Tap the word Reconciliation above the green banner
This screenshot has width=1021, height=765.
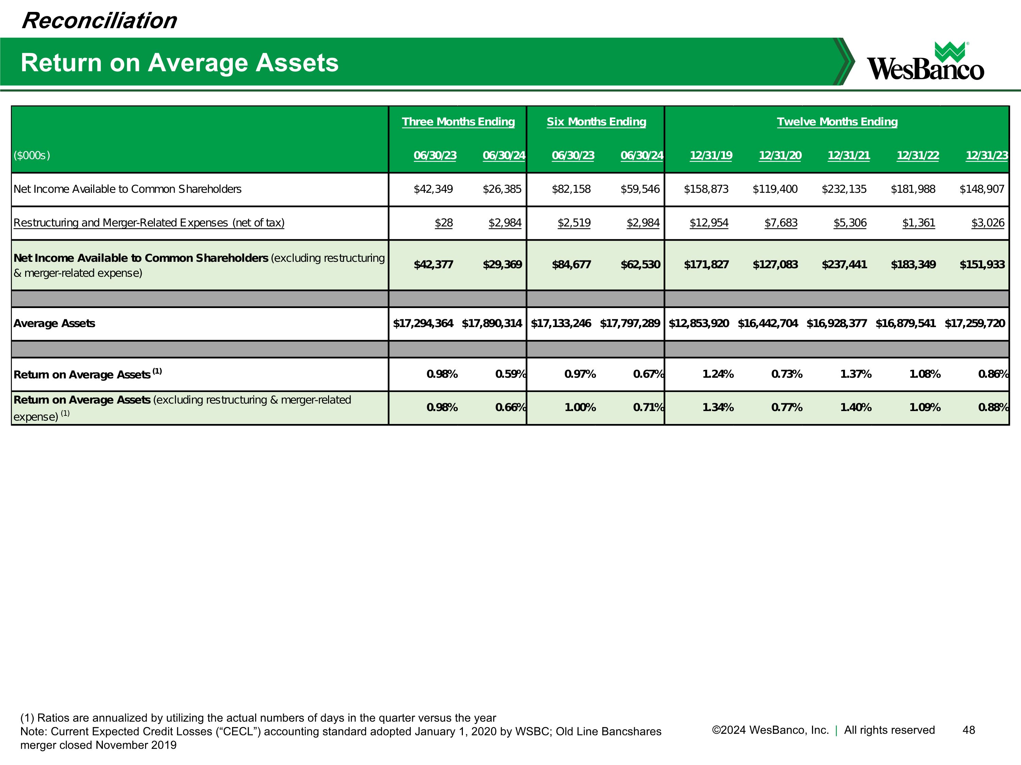[x=99, y=21]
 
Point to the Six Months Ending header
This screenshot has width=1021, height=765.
[x=596, y=122]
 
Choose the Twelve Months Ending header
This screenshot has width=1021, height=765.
[x=837, y=122]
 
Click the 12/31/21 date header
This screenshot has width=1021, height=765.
[x=848, y=155]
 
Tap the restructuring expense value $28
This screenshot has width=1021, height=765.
[x=443, y=223]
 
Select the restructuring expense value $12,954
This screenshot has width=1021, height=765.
[x=709, y=223]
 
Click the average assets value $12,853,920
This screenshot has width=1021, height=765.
[x=698, y=324]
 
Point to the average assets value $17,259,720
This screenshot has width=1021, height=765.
[x=974, y=324]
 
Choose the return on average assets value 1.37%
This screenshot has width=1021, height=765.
[x=855, y=374]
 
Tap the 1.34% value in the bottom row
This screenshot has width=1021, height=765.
[x=718, y=408]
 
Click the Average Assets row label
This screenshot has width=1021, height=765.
[x=54, y=324]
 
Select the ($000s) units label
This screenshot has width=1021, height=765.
[x=31, y=155]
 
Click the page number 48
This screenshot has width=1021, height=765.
[x=968, y=730]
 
